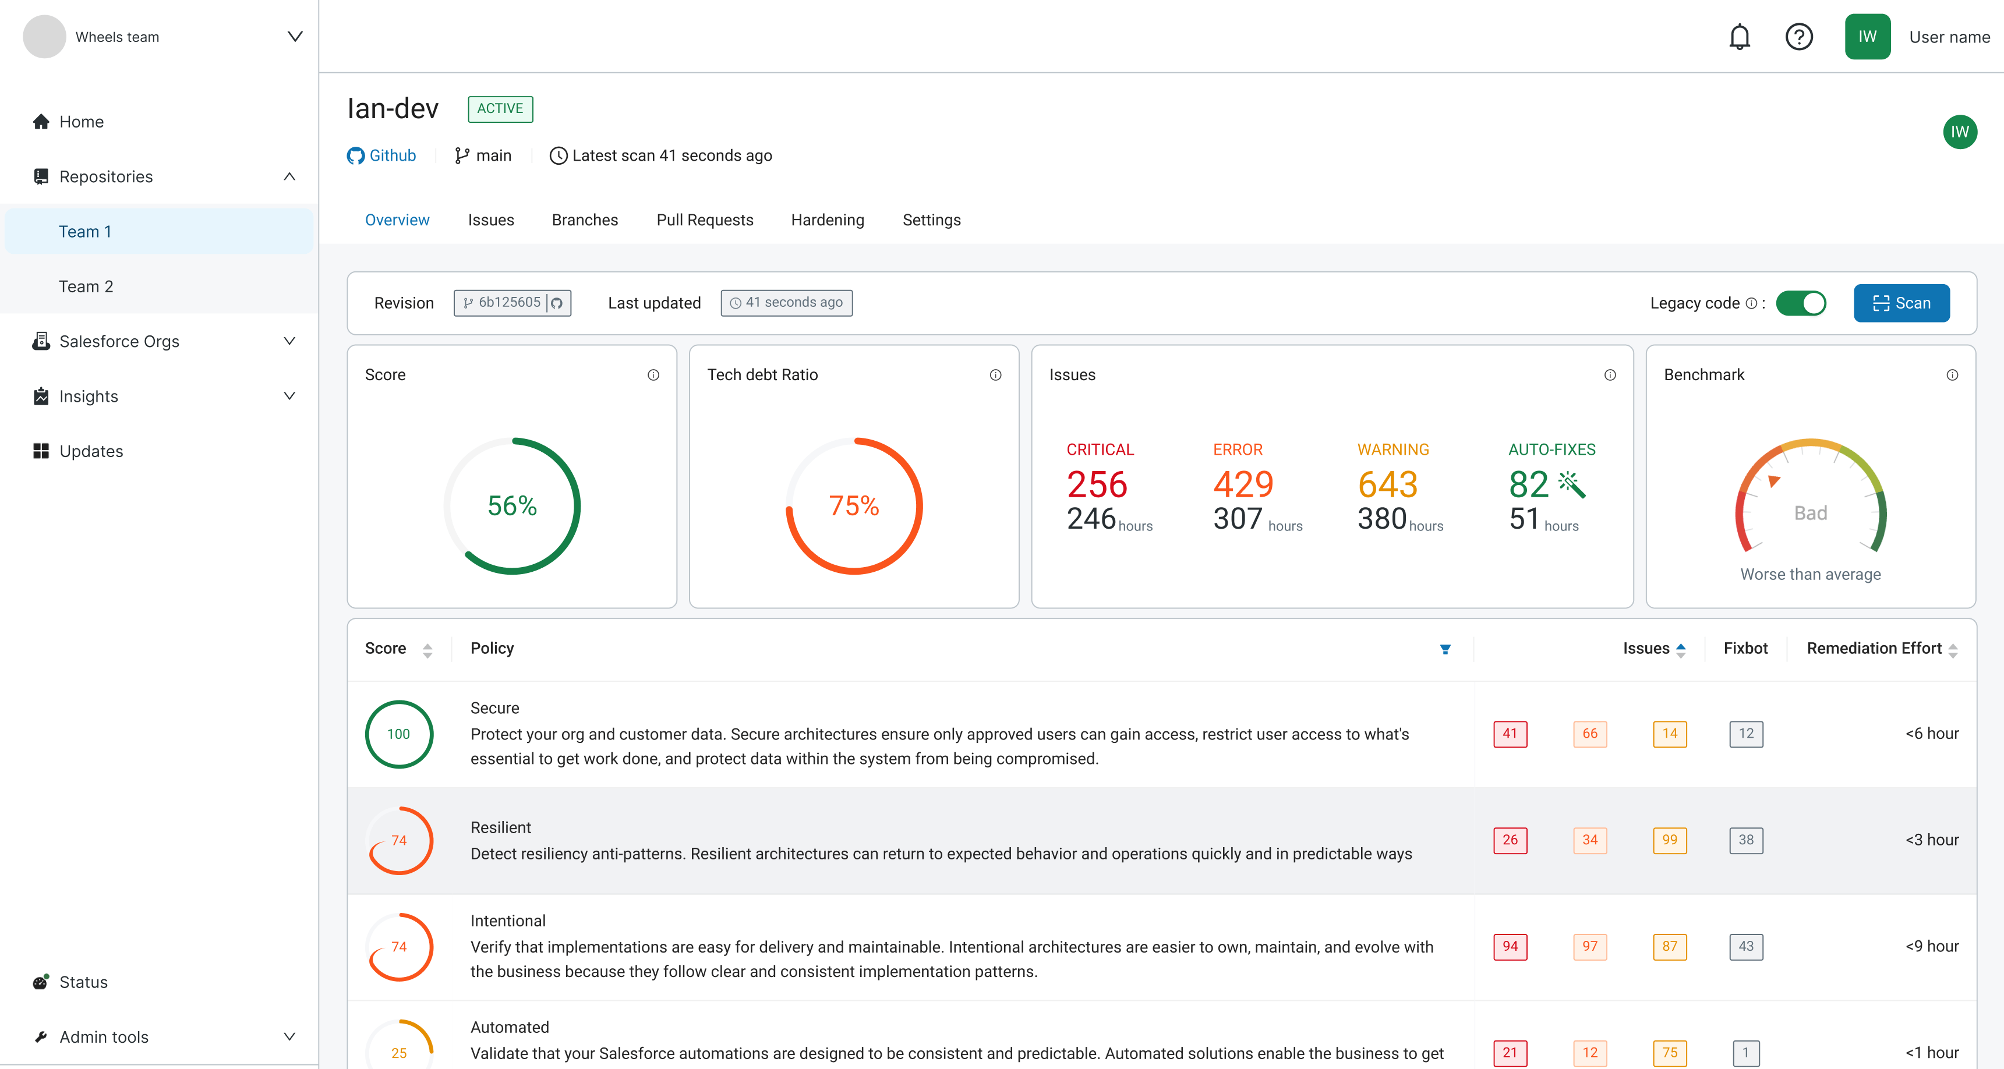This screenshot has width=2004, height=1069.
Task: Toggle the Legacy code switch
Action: [x=1800, y=303]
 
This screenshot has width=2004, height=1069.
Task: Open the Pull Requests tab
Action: [x=704, y=220]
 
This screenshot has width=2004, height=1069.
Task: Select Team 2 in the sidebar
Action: [x=86, y=286]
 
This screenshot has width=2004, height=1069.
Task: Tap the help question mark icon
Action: [x=1798, y=37]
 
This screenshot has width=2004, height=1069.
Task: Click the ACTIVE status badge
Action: [x=500, y=109]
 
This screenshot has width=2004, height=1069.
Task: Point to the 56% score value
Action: [x=512, y=506]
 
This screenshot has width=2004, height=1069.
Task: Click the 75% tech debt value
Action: [x=853, y=506]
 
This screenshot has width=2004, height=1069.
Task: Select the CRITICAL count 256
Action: [x=1096, y=484]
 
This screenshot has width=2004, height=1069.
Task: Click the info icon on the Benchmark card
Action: [x=1952, y=375]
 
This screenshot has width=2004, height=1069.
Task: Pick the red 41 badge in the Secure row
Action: [x=1509, y=734]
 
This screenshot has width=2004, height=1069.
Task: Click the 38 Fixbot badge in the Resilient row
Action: [x=1746, y=840]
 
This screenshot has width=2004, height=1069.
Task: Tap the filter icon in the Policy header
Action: [x=1445, y=649]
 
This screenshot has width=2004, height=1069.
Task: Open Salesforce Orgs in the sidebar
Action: [x=119, y=342]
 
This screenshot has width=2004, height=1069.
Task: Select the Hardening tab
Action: [x=827, y=220]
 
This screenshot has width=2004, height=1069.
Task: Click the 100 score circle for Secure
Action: [x=398, y=734]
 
